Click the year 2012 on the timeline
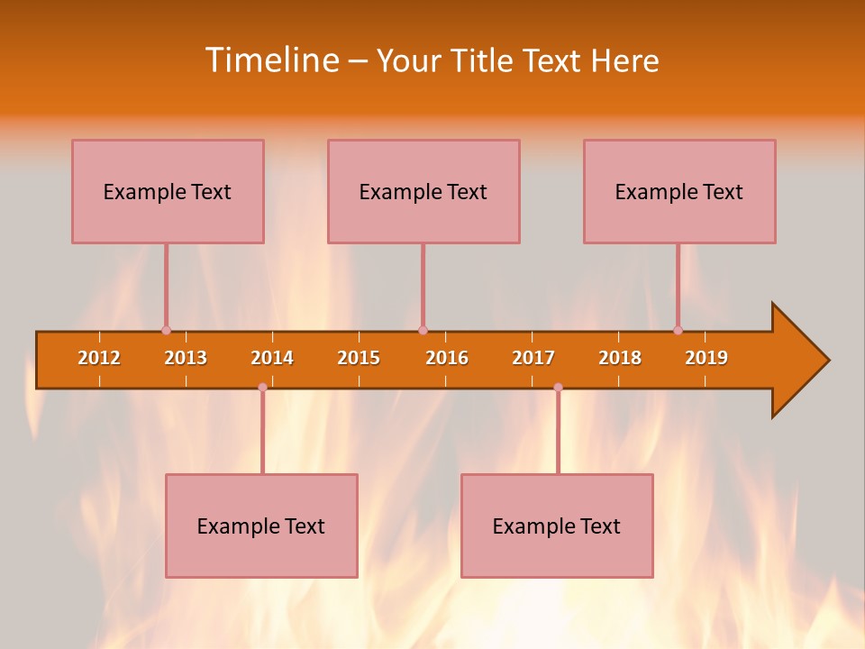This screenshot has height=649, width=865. (x=99, y=358)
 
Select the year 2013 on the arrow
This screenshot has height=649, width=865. (x=186, y=358)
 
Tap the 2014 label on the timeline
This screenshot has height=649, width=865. (x=272, y=358)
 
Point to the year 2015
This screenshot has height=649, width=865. (x=359, y=358)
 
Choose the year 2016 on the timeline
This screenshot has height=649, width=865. (x=447, y=358)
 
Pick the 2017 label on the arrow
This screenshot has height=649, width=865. (x=533, y=358)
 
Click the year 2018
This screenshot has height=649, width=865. (x=620, y=358)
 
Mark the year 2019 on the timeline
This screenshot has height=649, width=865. (x=706, y=358)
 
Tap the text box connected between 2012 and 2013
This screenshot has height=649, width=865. (x=168, y=191)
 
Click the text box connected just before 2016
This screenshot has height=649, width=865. (x=423, y=191)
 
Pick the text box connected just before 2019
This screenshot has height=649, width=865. (x=679, y=191)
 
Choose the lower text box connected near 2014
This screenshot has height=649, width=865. (x=261, y=526)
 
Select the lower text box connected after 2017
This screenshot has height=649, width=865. (x=557, y=526)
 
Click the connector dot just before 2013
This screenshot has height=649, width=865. (x=166, y=330)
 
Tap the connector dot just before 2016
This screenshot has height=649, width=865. (x=423, y=330)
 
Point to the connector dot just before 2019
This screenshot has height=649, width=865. (x=678, y=330)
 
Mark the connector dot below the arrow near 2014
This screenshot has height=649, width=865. (x=262, y=387)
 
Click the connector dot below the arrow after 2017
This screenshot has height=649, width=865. (x=558, y=387)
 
